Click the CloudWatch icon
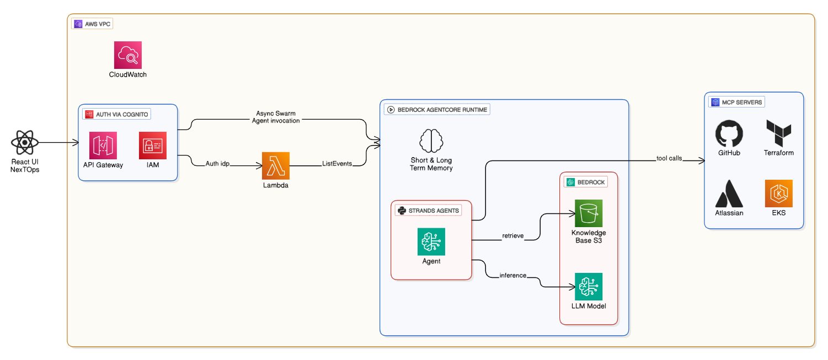[x=128, y=55]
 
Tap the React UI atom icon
[x=25, y=143]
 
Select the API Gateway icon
[x=103, y=145]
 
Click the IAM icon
[x=153, y=145]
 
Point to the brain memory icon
[x=431, y=141]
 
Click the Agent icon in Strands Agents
[x=431, y=241]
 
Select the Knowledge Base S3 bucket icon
[x=589, y=213]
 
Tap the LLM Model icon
[x=589, y=287]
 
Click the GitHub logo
[x=729, y=135]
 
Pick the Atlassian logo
[x=729, y=194]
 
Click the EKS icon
[x=778, y=194]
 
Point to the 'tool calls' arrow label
[x=669, y=158]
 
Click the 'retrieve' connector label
[x=512, y=236]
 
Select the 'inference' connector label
[x=513, y=275]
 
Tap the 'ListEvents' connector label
[x=337, y=164]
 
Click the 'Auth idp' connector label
[x=217, y=164]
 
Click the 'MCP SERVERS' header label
[x=737, y=102]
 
